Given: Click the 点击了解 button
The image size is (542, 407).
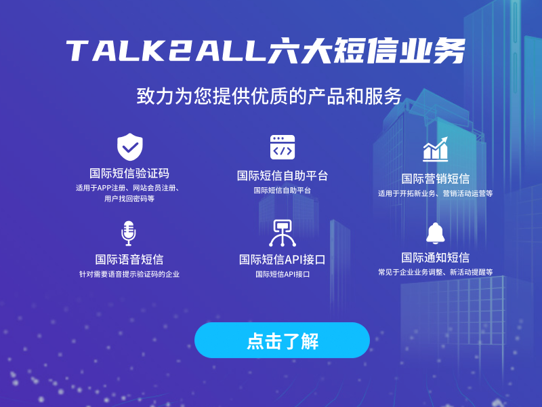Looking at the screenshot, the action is (x=282, y=341).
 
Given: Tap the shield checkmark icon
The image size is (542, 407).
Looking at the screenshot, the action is (x=130, y=147).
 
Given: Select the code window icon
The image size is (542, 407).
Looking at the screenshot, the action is (x=283, y=147).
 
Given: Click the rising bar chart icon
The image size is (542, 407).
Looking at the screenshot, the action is (x=436, y=149).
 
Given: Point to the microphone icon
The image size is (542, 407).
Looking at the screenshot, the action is (x=129, y=233).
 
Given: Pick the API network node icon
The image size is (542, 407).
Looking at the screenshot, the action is (x=283, y=233).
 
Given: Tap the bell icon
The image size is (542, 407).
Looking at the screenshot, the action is (x=436, y=233).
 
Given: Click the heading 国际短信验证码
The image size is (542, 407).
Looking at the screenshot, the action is (x=129, y=174).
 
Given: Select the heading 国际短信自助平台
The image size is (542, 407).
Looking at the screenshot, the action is (x=283, y=176).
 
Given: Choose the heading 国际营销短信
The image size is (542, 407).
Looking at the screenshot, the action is (x=436, y=179).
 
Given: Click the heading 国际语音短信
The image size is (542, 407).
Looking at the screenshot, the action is (x=129, y=260).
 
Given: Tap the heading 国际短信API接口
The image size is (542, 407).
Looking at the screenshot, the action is (x=283, y=260).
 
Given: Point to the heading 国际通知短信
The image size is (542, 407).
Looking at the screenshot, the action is (x=436, y=258).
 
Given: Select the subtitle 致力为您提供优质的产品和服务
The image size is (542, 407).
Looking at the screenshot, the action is (x=269, y=96).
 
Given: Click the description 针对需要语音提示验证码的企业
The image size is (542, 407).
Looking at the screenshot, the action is (x=129, y=275).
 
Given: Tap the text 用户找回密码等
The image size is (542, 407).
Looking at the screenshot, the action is (x=129, y=199).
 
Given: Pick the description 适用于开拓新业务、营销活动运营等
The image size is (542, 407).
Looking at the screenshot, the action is (x=436, y=193).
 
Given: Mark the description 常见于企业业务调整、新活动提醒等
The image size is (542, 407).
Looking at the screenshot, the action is (x=436, y=273).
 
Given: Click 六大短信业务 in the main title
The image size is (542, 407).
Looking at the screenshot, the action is (x=367, y=51).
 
